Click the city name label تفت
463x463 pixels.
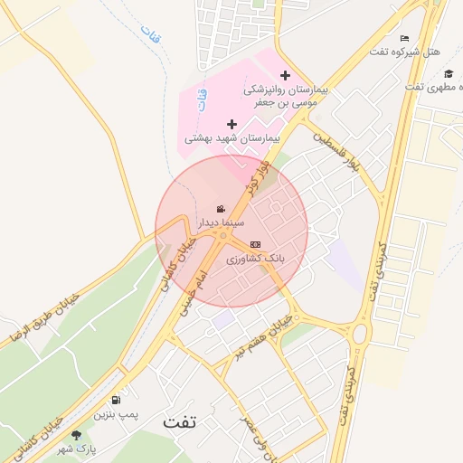(x=179, y=421)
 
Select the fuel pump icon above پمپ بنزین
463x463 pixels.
(x=116, y=401)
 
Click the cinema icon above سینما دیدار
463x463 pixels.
(x=222, y=209)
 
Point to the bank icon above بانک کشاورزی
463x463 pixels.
(x=255, y=244)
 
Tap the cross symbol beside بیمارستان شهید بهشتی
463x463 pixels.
(x=231, y=124)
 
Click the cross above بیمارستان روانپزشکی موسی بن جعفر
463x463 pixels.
(x=286, y=75)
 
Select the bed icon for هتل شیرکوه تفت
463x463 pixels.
(x=404, y=38)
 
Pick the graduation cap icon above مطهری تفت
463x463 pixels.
(x=448, y=73)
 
